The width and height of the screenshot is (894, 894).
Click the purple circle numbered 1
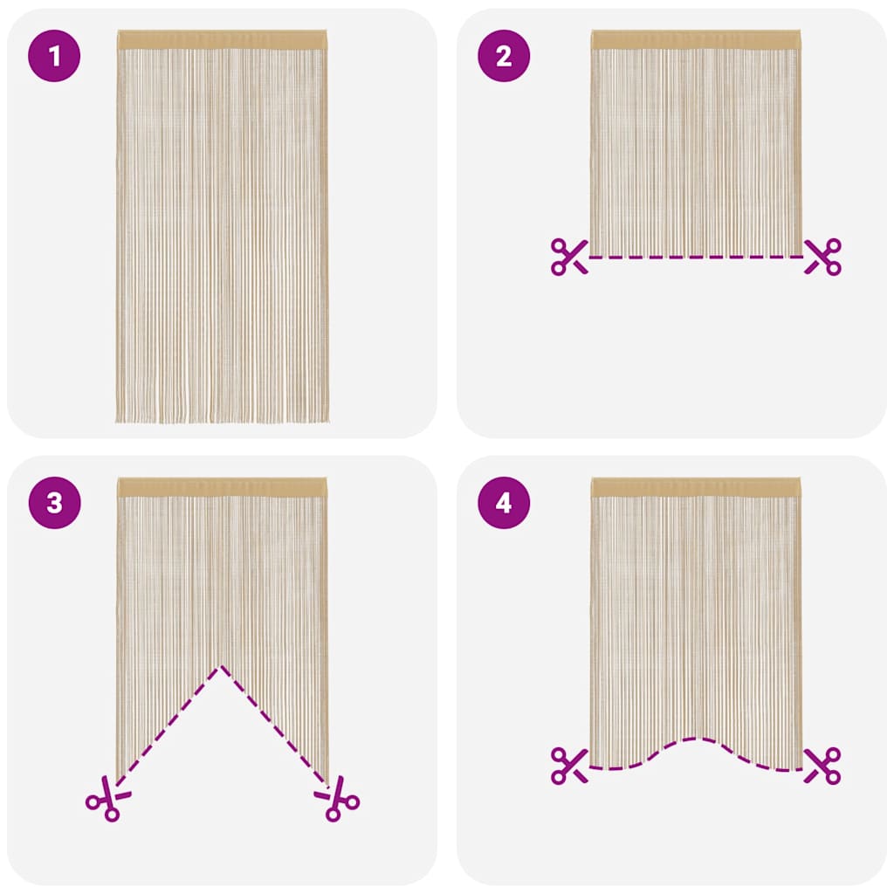point(54,56)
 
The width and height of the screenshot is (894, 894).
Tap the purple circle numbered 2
point(504,56)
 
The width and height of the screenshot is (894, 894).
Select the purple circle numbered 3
point(54,503)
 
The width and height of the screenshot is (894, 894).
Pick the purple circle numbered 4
point(504,503)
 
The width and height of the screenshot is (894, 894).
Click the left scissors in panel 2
point(569,257)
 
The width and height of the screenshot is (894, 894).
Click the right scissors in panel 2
point(822,257)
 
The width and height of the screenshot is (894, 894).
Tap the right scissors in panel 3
point(338,798)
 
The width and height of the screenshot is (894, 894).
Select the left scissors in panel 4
point(569,765)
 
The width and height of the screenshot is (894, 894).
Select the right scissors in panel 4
point(822,765)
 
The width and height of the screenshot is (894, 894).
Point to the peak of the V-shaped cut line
point(221,667)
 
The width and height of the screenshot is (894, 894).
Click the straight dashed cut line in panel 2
point(696,257)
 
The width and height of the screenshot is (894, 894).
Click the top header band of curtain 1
point(222,40)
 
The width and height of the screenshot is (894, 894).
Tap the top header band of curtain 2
point(696,40)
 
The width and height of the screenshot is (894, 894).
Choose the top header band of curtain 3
point(222,487)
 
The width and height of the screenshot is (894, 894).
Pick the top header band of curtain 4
point(696,487)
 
